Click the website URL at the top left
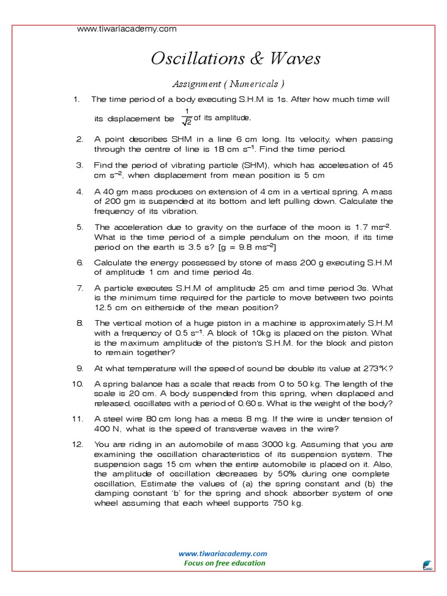(x=127, y=29)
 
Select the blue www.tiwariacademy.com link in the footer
(x=223, y=554)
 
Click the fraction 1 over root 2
(x=187, y=117)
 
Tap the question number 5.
(x=80, y=227)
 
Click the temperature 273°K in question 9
(x=375, y=368)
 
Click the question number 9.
(x=80, y=368)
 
